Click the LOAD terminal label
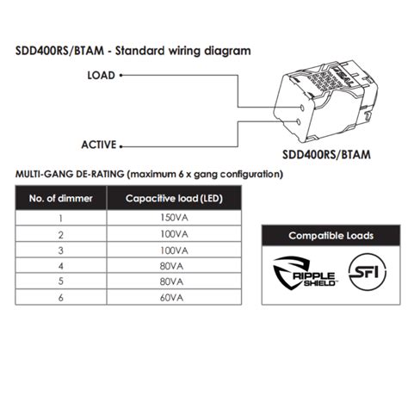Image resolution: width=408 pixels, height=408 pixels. point(102,75)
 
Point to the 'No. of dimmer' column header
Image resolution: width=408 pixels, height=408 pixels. point(59,200)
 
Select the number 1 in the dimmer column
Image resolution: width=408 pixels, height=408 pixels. point(60,219)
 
